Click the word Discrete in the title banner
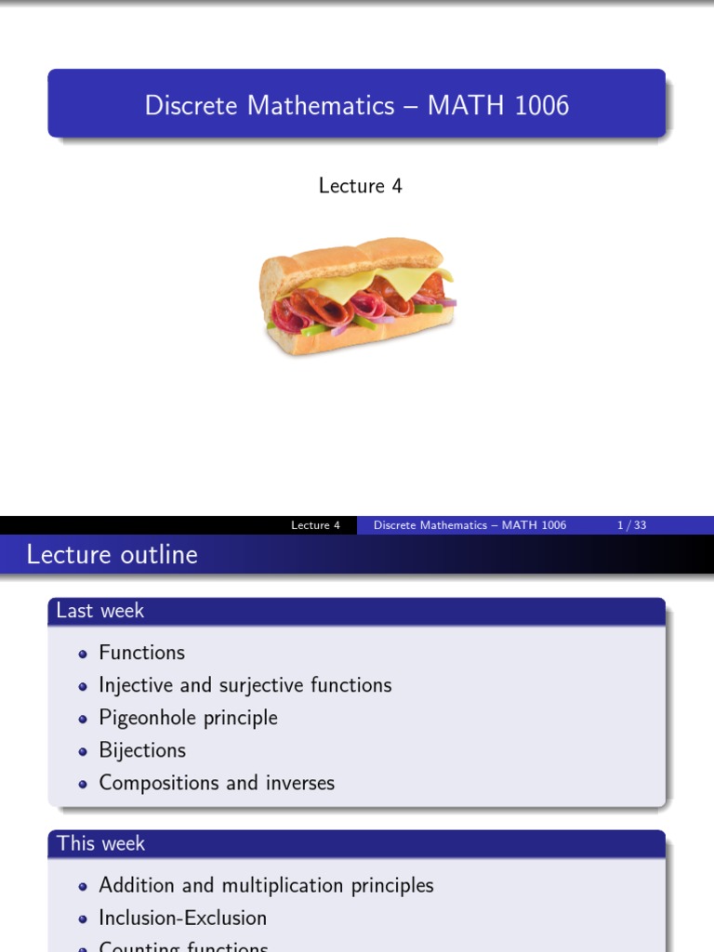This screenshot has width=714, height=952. [x=191, y=105]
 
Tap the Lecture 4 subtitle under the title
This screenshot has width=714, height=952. [x=360, y=186]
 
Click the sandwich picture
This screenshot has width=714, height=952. [x=357, y=296]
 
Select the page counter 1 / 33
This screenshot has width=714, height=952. [x=631, y=525]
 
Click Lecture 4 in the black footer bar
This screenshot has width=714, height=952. [x=315, y=525]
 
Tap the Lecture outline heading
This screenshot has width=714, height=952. [x=112, y=555]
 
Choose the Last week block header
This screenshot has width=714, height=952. [x=100, y=611]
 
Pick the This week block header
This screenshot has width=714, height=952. [x=101, y=843]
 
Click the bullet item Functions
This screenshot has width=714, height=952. [x=142, y=653]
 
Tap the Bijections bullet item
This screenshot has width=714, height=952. [x=142, y=750]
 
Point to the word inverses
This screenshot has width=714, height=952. [x=298, y=783]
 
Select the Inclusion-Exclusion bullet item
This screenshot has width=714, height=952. [x=183, y=918]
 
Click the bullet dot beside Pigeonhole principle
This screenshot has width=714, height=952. [x=83, y=719]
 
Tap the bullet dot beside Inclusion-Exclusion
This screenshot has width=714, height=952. [x=83, y=919]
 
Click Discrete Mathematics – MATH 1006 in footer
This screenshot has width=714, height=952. [x=469, y=525]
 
